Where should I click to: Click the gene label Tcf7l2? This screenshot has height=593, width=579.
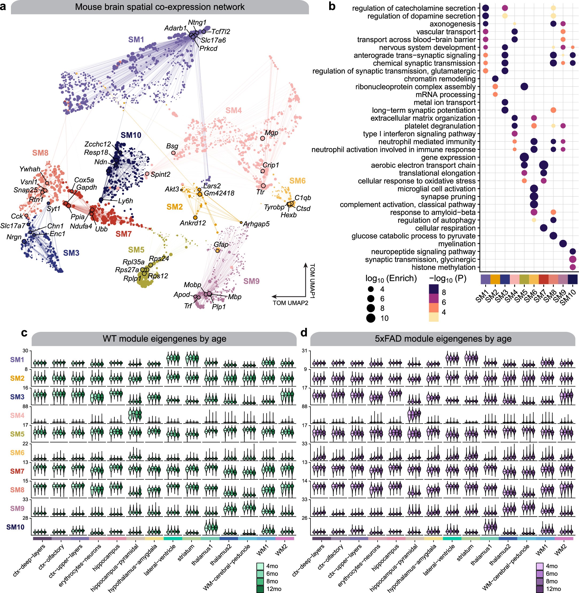click(220, 31)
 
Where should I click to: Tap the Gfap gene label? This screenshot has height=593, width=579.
click(221, 244)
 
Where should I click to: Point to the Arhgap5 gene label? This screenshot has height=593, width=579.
click(256, 224)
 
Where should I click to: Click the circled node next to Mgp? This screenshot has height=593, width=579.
click(262, 138)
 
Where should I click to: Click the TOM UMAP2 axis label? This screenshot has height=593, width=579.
click(290, 303)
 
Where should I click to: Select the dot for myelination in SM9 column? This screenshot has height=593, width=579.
click(563, 244)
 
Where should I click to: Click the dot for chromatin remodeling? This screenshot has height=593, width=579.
click(495, 79)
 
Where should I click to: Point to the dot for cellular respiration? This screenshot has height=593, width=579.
click(544, 228)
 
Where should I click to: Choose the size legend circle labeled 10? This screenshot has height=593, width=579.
click(371, 318)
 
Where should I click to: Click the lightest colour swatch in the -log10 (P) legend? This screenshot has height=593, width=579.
click(434, 317)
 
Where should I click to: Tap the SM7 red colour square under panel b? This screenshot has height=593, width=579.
click(543, 279)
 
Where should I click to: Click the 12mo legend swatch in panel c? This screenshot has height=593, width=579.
click(260, 589)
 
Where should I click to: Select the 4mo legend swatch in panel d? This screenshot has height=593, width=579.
click(540, 566)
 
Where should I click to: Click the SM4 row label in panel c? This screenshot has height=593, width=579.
click(17, 415)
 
